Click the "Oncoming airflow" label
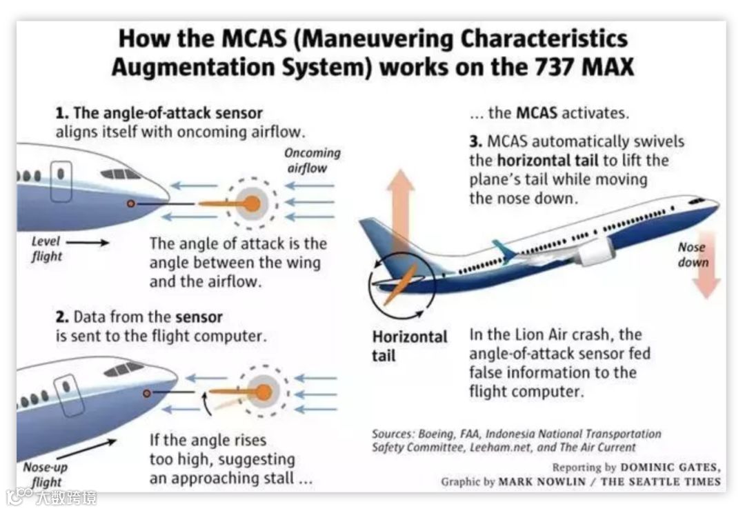coord(312,160)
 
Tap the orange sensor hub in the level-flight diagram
coord(252,203)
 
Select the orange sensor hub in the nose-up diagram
coord(263,392)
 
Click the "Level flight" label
coord(47,248)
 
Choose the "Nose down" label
coord(693,254)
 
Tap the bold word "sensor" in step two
coord(199,317)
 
